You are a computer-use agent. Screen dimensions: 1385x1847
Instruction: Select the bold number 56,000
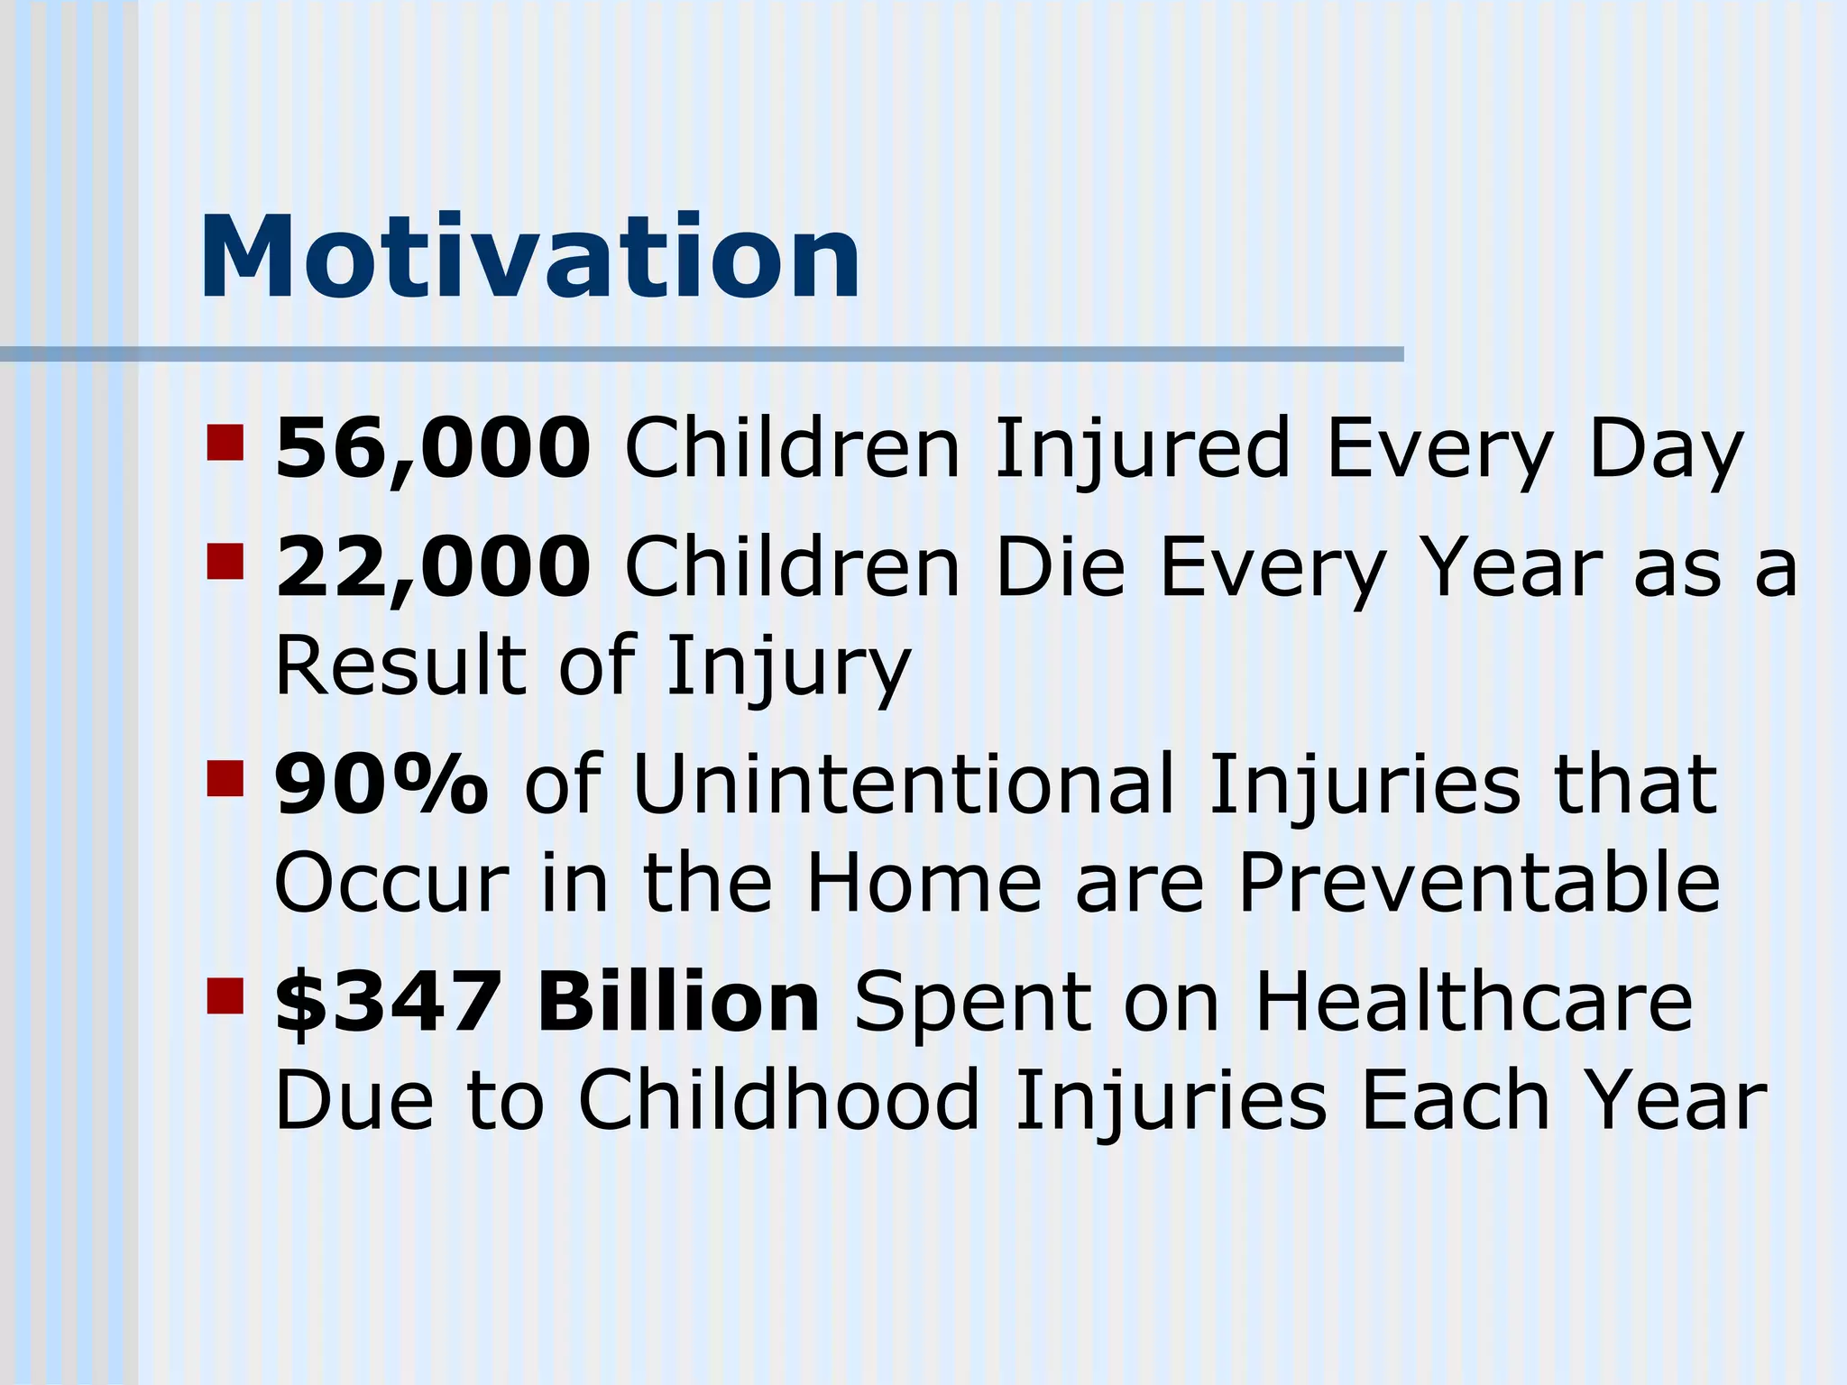pyautogui.click(x=433, y=448)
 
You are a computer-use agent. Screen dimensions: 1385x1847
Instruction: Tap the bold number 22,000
pyautogui.click(x=433, y=566)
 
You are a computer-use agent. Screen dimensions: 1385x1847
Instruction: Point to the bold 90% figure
pyautogui.click(x=381, y=784)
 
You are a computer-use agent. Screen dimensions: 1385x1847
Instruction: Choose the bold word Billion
pyautogui.click(x=678, y=1003)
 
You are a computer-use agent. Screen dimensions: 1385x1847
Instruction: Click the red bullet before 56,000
pyautogui.click(x=225, y=443)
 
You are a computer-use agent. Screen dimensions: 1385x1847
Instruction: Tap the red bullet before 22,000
pyautogui.click(x=225, y=561)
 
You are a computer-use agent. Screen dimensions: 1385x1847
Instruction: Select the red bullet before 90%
pyautogui.click(x=225, y=779)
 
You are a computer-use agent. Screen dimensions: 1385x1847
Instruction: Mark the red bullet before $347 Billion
pyautogui.click(x=225, y=996)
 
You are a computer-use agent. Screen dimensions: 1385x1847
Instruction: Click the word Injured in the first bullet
pyautogui.click(x=1142, y=451)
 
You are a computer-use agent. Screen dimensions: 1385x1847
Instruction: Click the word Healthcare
pyautogui.click(x=1474, y=1003)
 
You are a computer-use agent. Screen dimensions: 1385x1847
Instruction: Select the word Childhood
pyautogui.click(x=779, y=1100)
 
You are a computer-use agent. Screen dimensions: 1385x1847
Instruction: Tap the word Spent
pyautogui.click(x=972, y=1004)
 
